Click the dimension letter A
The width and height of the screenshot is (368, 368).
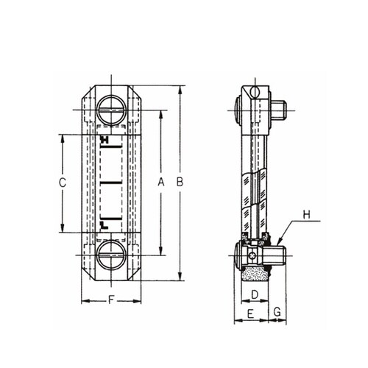pyautogui.click(x=161, y=182)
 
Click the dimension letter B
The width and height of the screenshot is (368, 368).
pyautogui.click(x=180, y=182)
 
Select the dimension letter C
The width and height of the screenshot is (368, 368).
pyautogui.click(x=63, y=183)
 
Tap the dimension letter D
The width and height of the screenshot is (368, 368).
pyautogui.click(x=255, y=294)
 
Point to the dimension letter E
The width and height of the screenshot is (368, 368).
pyautogui.click(x=250, y=314)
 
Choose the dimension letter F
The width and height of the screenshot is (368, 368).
pyautogui.click(x=111, y=300)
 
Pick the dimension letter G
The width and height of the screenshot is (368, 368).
pyautogui.click(x=277, y=312)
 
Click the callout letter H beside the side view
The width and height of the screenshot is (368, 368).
pyautogui.click(x=307, y=215)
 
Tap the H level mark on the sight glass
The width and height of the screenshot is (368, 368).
pyautogui.click(x=105, y=140)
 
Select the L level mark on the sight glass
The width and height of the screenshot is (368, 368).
pyautogui.click(x=105, y=225)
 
